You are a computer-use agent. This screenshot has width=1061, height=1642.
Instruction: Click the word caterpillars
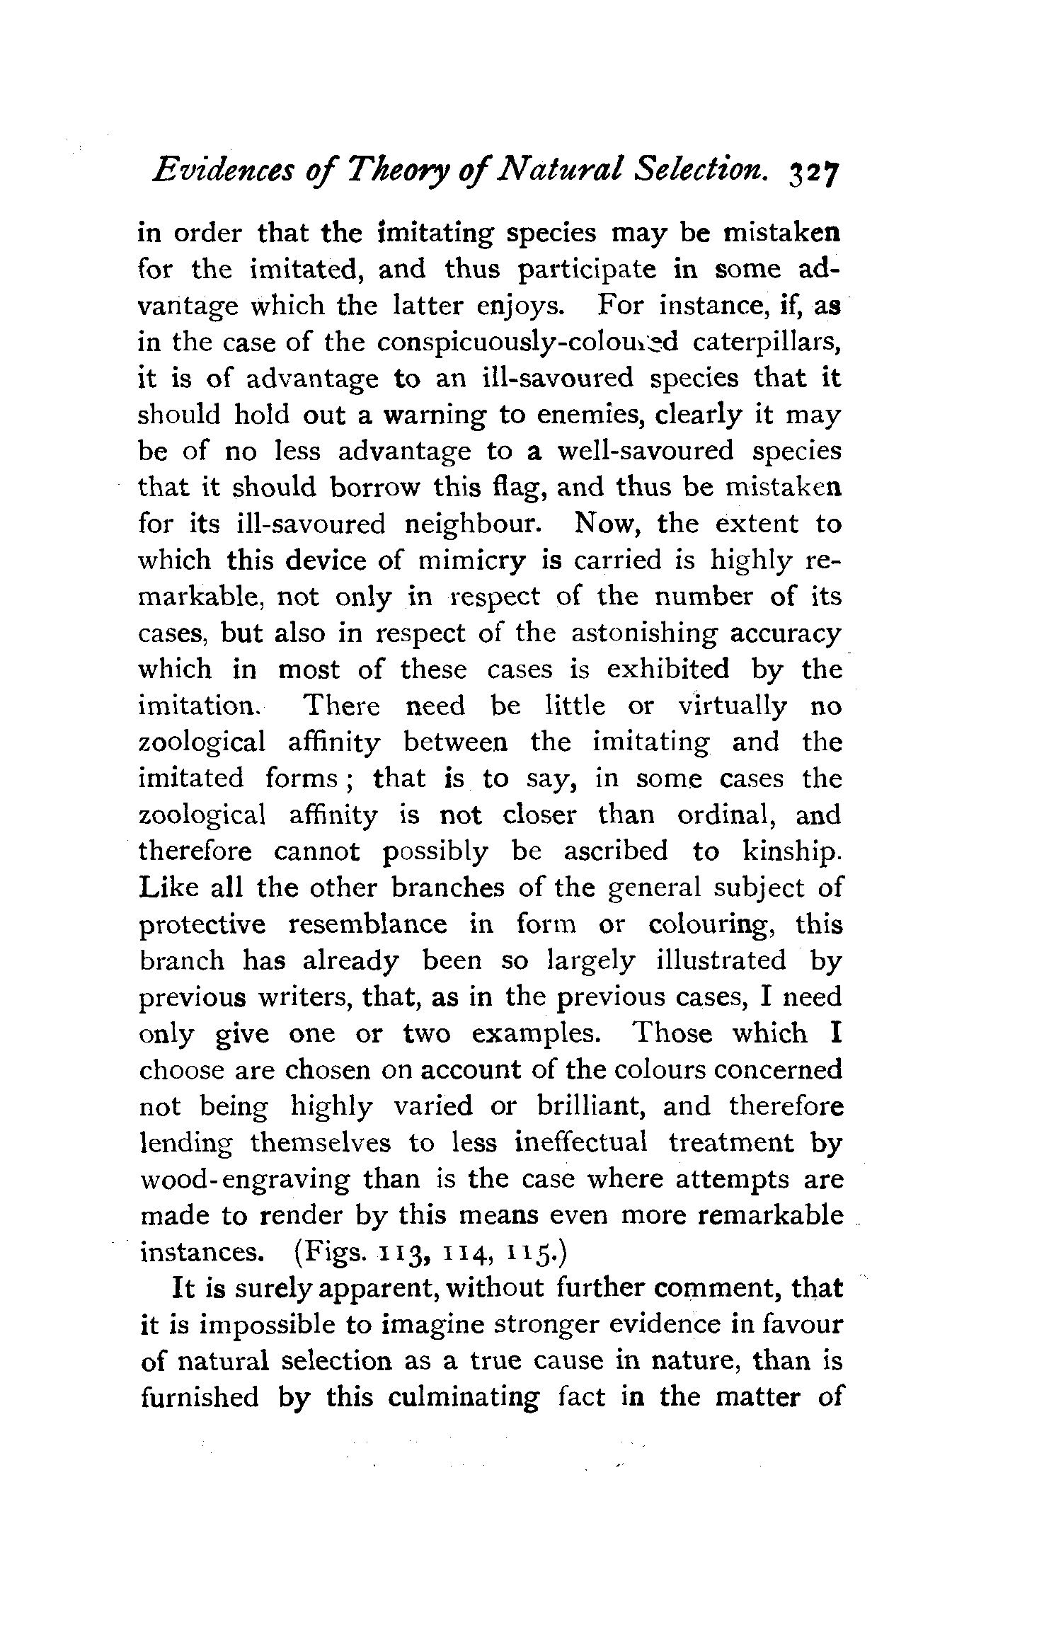[767, 343]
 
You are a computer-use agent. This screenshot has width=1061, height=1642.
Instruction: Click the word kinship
[791, 851]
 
